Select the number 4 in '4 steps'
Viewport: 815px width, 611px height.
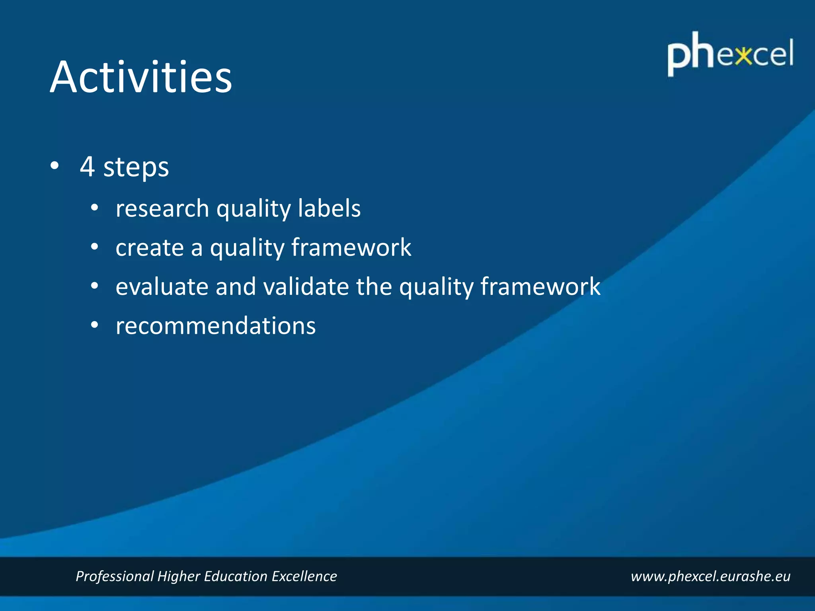tap(87, 166)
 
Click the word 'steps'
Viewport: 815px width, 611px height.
tap(136, 168)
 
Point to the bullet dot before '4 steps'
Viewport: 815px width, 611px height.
tap(55, 165)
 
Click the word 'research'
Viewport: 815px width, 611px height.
tap(162, 208)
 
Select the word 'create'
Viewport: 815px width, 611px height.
tap(150, 247)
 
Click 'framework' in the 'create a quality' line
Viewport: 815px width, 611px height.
tap(351, 247)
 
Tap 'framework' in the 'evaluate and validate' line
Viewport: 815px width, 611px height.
tap(540, 286)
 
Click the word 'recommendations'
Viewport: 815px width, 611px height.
tap(216, 326)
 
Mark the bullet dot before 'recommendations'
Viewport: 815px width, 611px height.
tap(94, 325)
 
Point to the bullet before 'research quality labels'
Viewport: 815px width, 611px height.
tap(94, 208)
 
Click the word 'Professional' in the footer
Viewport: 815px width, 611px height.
tap(115, 576)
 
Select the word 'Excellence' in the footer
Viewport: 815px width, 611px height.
tap(304, 576)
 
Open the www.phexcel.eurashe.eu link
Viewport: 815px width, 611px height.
tap(710, 576)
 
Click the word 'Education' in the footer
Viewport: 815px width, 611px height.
tap(236, 576)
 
